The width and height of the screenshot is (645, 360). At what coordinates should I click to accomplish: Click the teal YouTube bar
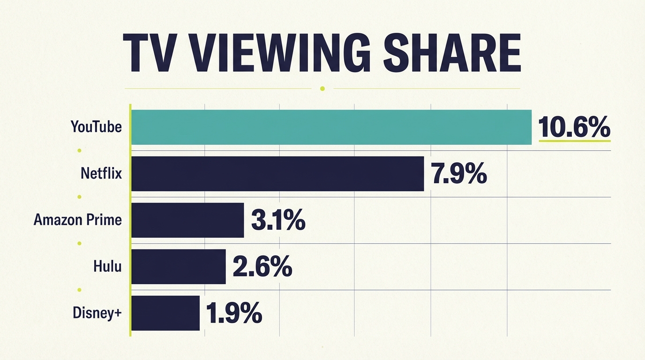331,127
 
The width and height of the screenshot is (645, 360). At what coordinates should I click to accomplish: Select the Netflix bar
277,174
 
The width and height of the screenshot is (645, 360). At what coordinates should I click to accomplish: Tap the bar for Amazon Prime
187,220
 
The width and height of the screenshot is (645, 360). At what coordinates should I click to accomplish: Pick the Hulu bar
178,267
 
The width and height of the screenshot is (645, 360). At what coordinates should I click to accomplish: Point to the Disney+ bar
165,313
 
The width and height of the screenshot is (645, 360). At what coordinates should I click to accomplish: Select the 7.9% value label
458,174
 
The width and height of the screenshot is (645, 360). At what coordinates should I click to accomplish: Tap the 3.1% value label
278,220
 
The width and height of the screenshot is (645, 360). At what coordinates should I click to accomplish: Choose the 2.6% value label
262,267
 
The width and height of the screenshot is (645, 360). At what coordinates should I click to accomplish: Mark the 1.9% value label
233,313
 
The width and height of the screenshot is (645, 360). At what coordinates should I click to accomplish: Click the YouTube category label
96,127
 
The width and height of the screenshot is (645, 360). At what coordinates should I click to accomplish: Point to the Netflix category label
101,173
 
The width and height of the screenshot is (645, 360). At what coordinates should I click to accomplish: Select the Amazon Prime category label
78,220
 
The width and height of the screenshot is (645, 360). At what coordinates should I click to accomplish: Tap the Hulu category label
107,266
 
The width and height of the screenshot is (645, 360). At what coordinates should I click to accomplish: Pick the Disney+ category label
97,313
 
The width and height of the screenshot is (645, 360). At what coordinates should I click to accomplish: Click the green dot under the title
322,88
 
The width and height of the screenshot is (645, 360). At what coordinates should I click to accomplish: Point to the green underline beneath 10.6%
575,140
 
